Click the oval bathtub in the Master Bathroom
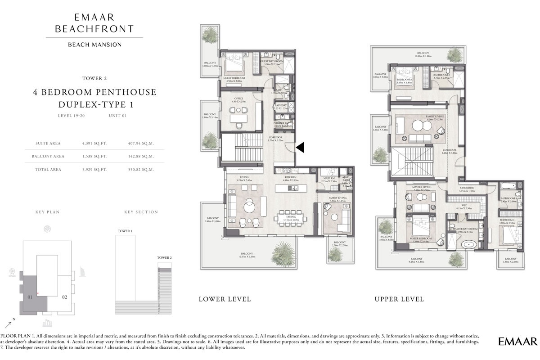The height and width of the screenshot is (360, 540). coord(469,245)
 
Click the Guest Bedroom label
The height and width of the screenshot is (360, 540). coord(234,78)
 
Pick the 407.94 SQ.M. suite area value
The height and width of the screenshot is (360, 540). coord(141,144)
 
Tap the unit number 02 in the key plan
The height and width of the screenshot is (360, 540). coord(64,297)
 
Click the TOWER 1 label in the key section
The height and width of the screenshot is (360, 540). coord(125,231)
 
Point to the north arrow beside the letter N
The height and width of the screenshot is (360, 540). coord(8,324)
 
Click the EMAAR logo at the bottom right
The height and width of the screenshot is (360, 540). coord(517,342)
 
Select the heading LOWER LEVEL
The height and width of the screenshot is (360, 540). coord(225,299)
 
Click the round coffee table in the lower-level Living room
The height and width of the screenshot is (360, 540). coord(249,207)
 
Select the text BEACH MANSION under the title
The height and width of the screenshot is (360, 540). coord(94,44)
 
